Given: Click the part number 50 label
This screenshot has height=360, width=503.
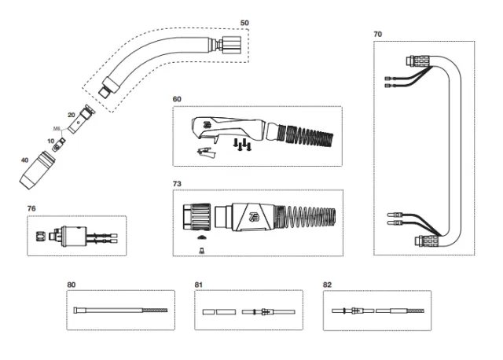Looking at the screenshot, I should coord(244,24).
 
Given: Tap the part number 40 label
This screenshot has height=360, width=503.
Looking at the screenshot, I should coord(25,160).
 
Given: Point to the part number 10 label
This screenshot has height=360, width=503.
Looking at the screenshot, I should coord(51,141).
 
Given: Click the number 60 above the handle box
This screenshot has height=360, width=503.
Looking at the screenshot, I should coord(177,99).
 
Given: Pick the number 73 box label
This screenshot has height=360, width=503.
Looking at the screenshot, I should coord(177,182).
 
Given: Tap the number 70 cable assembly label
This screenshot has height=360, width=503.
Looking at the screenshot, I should coord(378,35).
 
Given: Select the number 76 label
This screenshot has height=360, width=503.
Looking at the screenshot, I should coord(32,209).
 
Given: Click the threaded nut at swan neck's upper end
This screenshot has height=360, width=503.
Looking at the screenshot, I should coord(232,42).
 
